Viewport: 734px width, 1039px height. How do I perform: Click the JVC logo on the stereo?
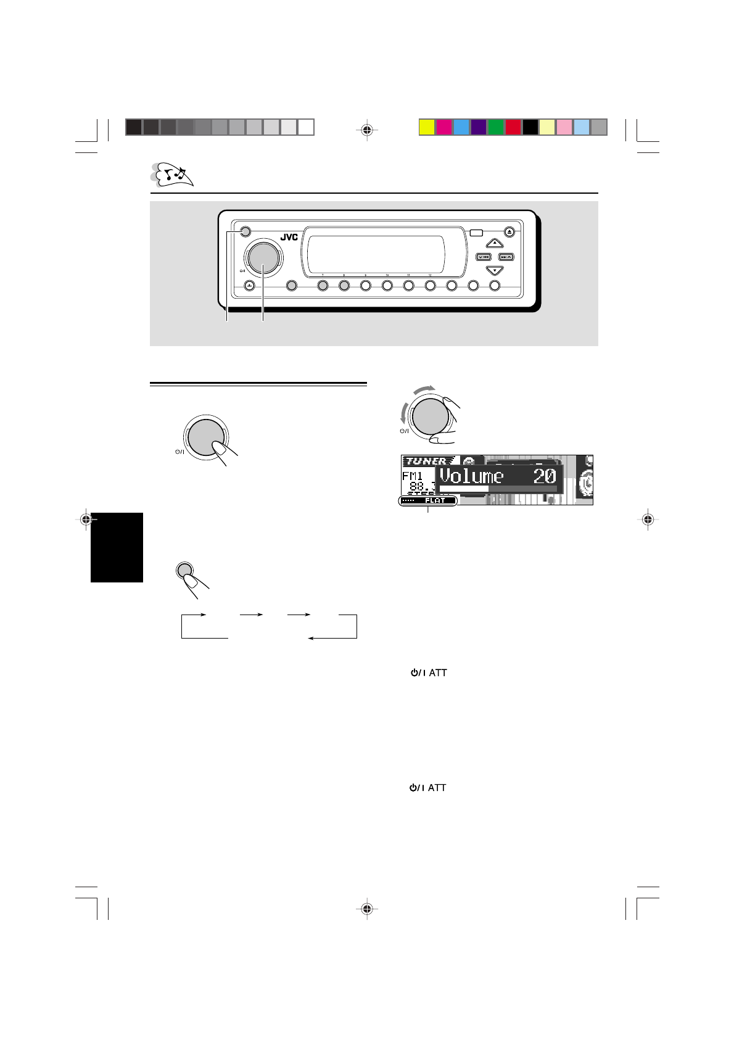pos(289,237)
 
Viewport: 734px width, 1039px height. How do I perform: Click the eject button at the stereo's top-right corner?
pos(509,232)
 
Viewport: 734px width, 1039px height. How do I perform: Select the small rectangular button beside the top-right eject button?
pos(476,233)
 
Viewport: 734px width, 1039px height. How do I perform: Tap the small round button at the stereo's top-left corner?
pos(244,232)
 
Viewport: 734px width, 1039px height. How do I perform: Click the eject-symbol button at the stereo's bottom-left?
pos(249,286)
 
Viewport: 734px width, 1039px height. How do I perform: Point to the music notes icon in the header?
pos(173,175)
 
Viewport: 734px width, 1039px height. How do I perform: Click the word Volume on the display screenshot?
pos(471,476)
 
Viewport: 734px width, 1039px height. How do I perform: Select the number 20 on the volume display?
pos(543,476)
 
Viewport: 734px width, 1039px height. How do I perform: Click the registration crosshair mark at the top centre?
pos(367,130)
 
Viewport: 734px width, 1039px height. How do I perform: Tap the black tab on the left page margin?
pos(117,547)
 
